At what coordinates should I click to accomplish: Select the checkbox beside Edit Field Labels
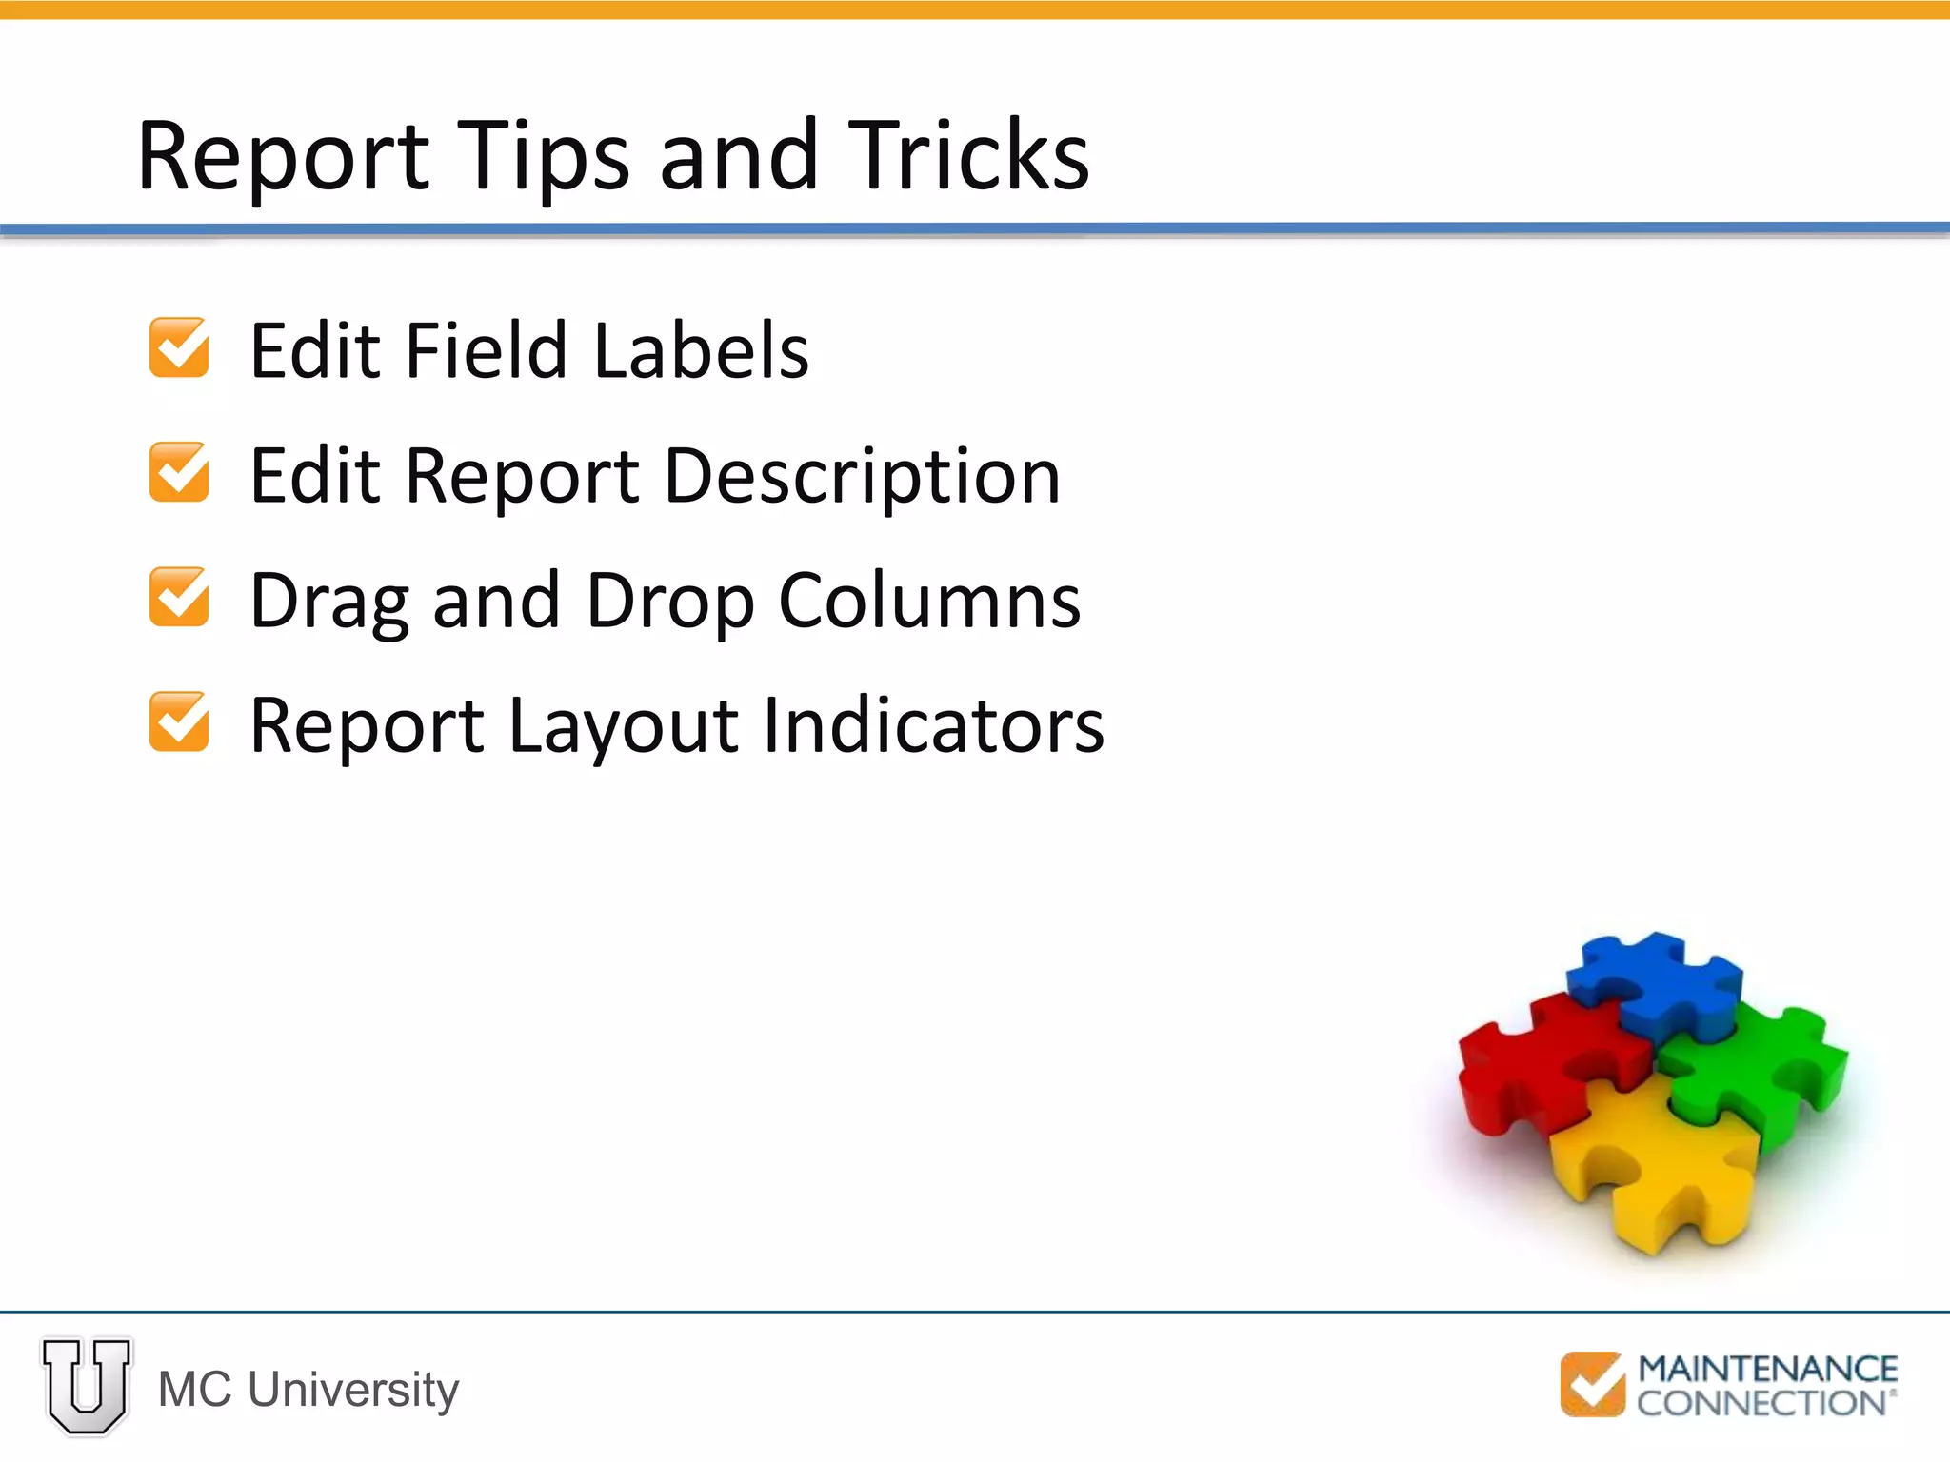[x=179, y=347]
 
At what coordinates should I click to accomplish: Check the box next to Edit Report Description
[x=179, y=472]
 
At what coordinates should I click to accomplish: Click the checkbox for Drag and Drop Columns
[x=179, y=597]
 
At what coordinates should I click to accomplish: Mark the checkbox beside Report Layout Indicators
[x=179, y=721]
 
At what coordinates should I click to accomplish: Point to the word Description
[x=862, y=475]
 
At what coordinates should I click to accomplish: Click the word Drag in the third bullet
[x=328, y=602]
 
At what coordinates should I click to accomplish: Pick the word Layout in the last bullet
[x=623, y=727]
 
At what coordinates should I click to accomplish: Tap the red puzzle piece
[x=1542, y=1057]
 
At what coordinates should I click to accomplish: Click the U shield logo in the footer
[x=87, y=1386]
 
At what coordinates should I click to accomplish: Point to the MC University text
[x=308, y=1390]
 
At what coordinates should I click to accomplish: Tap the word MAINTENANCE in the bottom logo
[x=1767, y=1369]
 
